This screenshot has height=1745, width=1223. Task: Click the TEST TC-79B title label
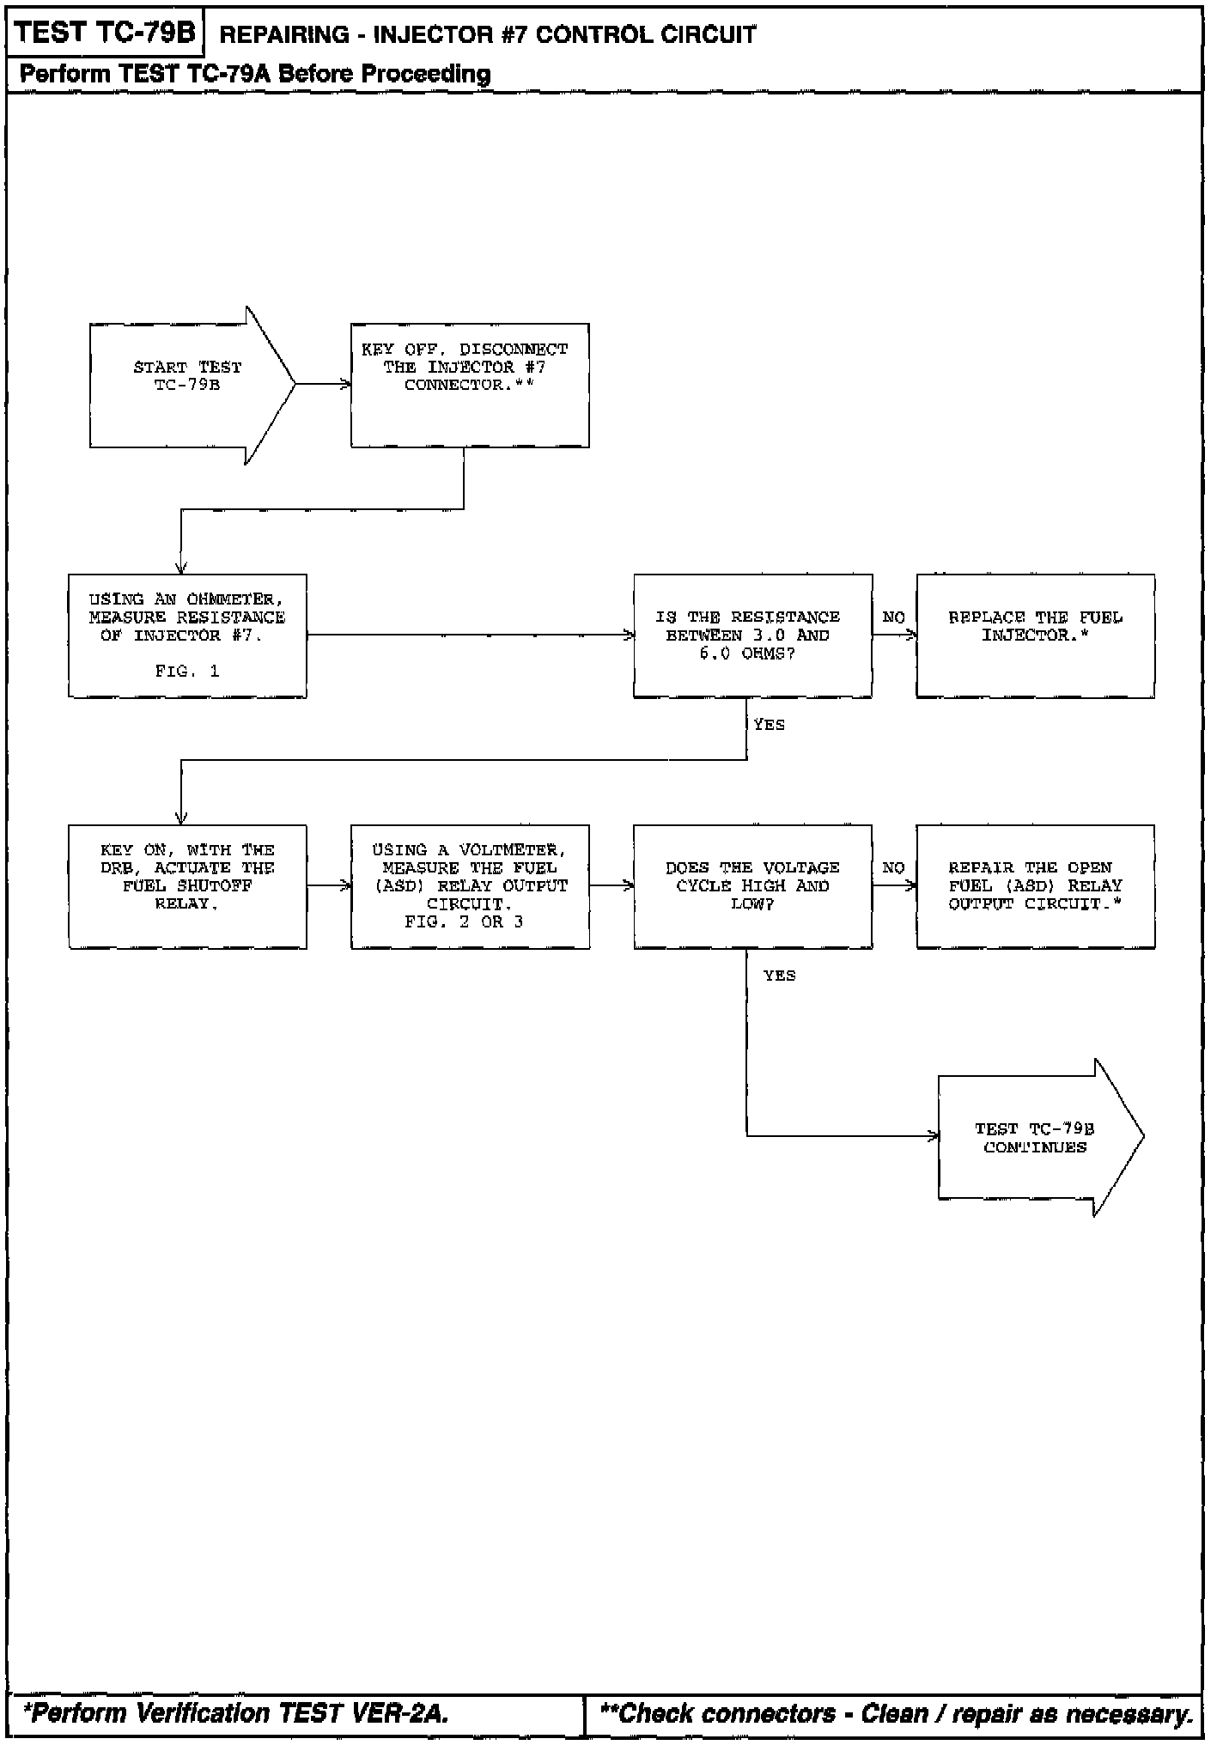pos(105,33)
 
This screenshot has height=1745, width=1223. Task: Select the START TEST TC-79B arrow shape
pos(187,385)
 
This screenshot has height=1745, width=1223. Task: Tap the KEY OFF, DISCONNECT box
pos(469,385)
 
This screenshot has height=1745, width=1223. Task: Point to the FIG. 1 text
pos(187,672)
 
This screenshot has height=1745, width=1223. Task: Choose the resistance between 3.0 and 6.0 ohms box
pos(752,635)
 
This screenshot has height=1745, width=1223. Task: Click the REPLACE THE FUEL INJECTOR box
pos(1035,635)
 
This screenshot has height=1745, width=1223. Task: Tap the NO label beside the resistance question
pos(893,617)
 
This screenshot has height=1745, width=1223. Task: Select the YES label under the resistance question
pos(769,725)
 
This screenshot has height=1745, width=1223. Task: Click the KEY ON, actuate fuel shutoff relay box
pos(187,886)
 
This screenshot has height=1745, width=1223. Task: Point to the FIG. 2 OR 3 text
pos(464,922)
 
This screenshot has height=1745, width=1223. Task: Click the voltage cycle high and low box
pos(752,886)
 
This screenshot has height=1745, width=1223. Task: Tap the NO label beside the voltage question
pos(893,868)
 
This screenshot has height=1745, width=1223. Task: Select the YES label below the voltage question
pos(779,976)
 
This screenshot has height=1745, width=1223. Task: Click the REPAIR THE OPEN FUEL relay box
pos(1035,886)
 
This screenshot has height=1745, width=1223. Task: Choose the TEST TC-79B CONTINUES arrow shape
pos(1035,1138)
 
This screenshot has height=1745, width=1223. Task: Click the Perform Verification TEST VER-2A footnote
pos(236,1713)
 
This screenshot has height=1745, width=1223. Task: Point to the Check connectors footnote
pos(897,1713)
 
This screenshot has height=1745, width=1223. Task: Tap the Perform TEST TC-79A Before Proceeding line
pos(255,74)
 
